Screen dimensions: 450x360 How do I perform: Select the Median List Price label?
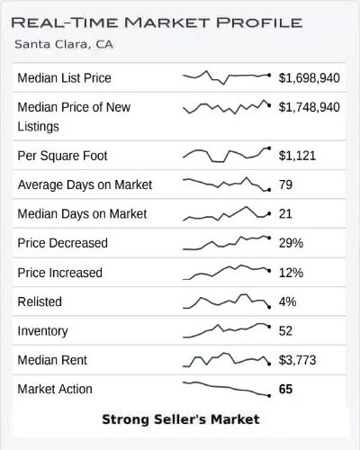64,78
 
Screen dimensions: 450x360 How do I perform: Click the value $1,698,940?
310,78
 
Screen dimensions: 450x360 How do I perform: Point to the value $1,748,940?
310,107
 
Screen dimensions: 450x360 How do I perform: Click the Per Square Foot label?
62,156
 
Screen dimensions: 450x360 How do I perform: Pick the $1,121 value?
299,156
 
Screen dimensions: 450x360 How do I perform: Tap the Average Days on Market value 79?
286,185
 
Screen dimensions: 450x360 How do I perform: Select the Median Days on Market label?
82,214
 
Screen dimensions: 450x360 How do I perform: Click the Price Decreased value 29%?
291,243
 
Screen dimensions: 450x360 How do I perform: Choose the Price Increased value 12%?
291,273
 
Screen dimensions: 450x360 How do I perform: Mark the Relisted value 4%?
288,301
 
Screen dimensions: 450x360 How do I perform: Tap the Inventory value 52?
286,331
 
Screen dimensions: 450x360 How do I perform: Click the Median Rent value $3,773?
299,360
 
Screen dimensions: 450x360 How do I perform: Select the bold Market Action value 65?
287,390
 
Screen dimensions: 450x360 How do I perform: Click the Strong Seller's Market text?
180,419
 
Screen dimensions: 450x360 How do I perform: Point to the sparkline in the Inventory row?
226,329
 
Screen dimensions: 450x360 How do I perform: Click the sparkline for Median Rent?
226,359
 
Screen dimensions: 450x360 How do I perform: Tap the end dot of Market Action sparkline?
268,396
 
